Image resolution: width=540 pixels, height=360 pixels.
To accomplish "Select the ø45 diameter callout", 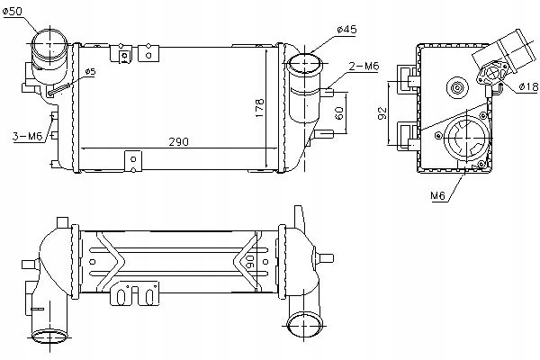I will [x=346, y=29].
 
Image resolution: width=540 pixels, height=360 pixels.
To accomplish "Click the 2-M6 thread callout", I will [x=363, y=66].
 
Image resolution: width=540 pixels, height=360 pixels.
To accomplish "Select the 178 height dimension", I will [x=258, y=106].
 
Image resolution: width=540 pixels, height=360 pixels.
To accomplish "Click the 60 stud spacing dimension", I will [x=339, y=112].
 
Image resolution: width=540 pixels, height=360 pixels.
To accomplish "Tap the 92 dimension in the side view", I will [x=382, y=112].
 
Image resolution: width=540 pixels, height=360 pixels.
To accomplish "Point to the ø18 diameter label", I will [x=528, y=86].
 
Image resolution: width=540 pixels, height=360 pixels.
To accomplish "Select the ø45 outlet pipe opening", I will [x=303, y=65].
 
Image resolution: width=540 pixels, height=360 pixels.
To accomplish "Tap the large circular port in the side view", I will [x=465, y=142].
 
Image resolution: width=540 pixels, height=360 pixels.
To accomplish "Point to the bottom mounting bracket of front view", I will [x=133, y=161].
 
